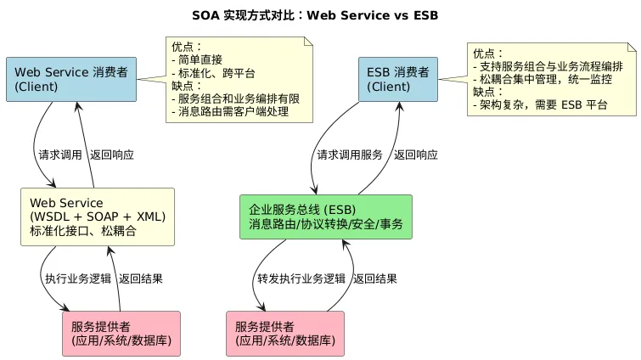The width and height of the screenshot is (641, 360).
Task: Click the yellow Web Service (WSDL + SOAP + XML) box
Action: click(x=98, y=217)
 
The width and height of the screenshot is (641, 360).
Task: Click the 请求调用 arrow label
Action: click(x=59, y=155)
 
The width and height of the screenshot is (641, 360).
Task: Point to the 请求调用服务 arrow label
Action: click(x=349, y=155)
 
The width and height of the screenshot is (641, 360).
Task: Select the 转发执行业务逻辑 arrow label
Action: click(x=301, y=278)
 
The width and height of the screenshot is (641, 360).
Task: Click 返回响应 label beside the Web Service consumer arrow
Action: click(x=111, y=155)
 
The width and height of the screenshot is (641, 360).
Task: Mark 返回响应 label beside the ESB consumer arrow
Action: click(x=416, y=155)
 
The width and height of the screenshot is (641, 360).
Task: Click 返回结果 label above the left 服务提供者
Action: click(x=141, y=278)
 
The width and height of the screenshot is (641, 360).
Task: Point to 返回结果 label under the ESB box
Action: click(x=374, y=278)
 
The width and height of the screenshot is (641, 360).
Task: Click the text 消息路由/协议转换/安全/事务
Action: click(x=326, y=225)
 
